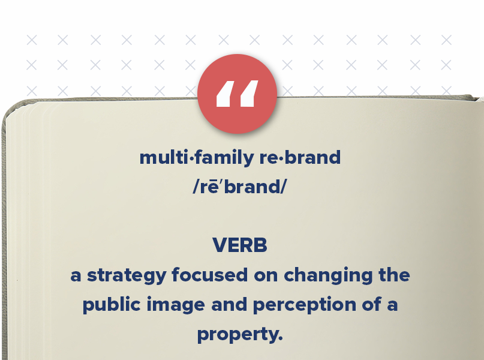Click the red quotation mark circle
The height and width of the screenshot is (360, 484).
[237, 94]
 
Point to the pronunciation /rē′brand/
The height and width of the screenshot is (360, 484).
[240, 186]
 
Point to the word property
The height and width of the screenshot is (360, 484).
[238, 334]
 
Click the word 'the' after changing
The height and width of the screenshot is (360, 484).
[393, 275]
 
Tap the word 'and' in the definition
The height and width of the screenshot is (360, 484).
[229, 304]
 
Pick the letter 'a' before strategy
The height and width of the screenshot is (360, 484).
[76, 276]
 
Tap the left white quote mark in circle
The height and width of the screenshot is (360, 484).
[224, 94]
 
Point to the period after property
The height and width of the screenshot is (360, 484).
[280, 340]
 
